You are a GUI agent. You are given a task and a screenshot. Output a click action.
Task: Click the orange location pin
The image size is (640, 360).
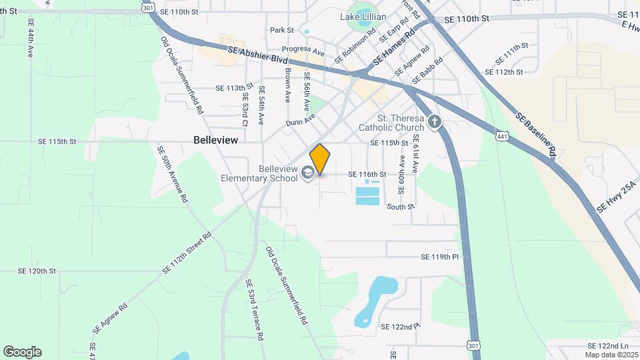[x=320, y=159]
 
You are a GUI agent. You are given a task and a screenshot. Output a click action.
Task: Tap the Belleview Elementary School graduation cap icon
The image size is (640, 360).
[x=307, y=173]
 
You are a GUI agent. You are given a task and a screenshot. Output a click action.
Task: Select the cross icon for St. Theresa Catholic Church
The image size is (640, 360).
[x=435, y=122]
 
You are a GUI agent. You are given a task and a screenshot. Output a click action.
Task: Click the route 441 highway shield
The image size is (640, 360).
[x=501, y=136]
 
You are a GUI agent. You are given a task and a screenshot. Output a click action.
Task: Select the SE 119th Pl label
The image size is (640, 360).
[x=440, y=257]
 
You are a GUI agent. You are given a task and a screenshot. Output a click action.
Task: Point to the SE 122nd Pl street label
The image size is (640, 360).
[x=401, y=326]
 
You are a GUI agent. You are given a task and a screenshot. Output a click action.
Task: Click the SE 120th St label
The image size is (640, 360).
[x=37, y=271]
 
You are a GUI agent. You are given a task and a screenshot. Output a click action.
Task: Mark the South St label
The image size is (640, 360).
[x=401, y=207]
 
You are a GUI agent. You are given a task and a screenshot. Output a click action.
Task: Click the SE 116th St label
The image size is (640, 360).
[x=368, y=174]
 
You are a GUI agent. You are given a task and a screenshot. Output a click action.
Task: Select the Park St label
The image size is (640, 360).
[x=282, y=30]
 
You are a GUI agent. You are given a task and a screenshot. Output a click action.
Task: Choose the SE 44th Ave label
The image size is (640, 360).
[x=30, y=38]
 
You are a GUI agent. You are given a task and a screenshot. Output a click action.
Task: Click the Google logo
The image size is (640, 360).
[x=22, y=352]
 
